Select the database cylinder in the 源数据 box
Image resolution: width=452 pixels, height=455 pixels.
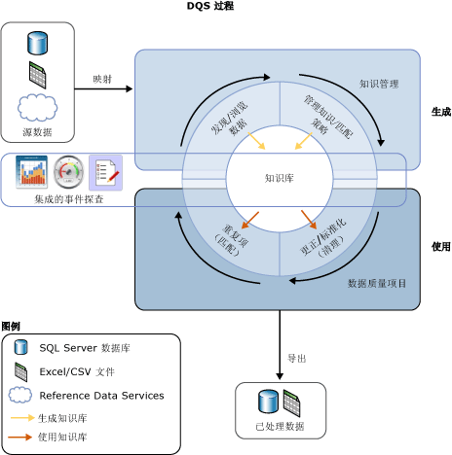tap(37, 43)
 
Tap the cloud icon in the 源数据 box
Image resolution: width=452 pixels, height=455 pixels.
tap(37, 106)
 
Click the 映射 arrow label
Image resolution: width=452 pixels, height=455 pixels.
tap(102, 78)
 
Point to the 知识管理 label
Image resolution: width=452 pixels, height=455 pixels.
tap(379, 85)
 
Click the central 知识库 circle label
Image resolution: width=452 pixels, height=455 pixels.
tap(280, 178)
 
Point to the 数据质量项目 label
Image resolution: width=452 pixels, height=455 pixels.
tap(377, 283)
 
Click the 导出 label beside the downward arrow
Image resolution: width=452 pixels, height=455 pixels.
tap(297, 359)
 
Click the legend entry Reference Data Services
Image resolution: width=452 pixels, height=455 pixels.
tap(100, 396)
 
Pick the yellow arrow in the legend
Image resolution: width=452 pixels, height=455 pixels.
tap(20, 417)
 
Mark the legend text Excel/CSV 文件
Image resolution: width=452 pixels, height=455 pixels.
tap(77, 371)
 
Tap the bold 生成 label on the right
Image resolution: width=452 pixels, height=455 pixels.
tap(440, 112)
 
